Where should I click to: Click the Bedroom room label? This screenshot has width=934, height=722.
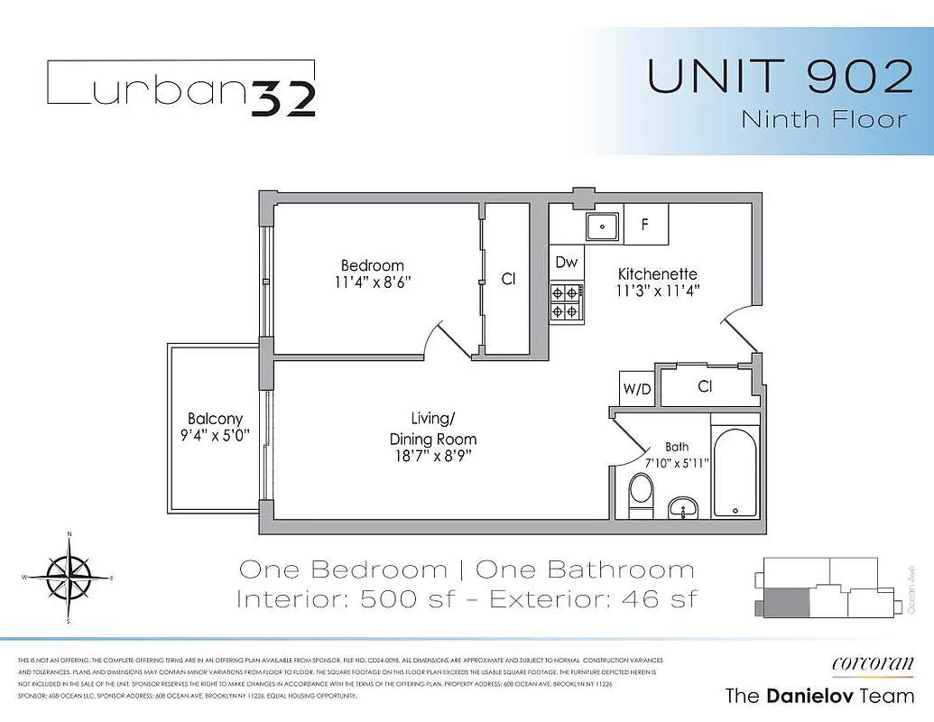(x=372, y=265)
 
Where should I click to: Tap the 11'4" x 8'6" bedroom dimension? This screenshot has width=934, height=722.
(x=372, y=282)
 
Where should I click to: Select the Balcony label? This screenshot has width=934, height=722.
(x=215, y=419)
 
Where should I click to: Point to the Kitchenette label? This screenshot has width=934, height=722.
(x=657, y=274)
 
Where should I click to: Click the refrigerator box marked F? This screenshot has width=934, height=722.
(x=644, y=225)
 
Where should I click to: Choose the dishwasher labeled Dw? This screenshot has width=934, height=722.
(x=566, y=263)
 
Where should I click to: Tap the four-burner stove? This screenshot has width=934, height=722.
(x=566, y=301)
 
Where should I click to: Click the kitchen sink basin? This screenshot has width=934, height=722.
(x=602, y=226)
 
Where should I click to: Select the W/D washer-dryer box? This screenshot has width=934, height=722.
(x=636, y=390)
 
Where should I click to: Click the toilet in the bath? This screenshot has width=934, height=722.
(x=642, y=493)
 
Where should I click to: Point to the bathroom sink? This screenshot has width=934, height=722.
(x=682, y=509)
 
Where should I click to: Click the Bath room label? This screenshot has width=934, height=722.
(x=677, y=447)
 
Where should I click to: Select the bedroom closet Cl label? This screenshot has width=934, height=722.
(x=508, y=280)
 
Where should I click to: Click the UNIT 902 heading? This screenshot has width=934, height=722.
(x=781, y=78)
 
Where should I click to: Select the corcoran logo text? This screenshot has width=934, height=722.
(x=872, y=662)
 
